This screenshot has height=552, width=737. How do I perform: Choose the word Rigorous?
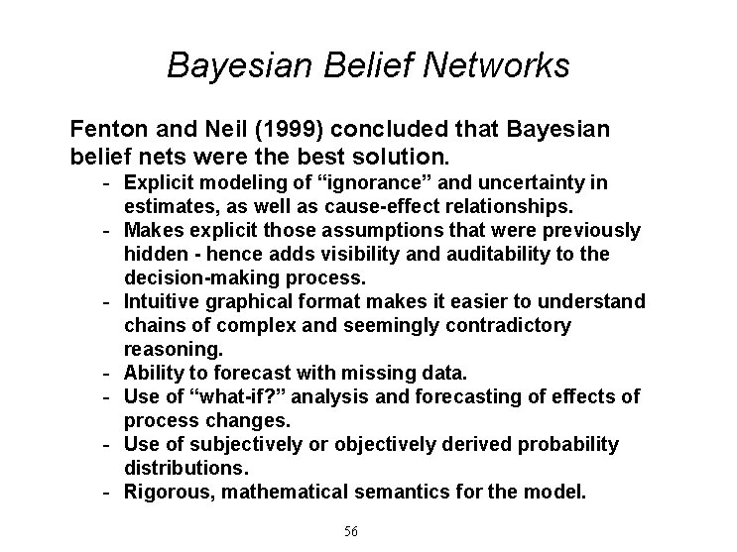pyautogui.click(x=165, y=493)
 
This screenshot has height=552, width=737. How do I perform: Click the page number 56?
pyautogui.click(x=350, y=532)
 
